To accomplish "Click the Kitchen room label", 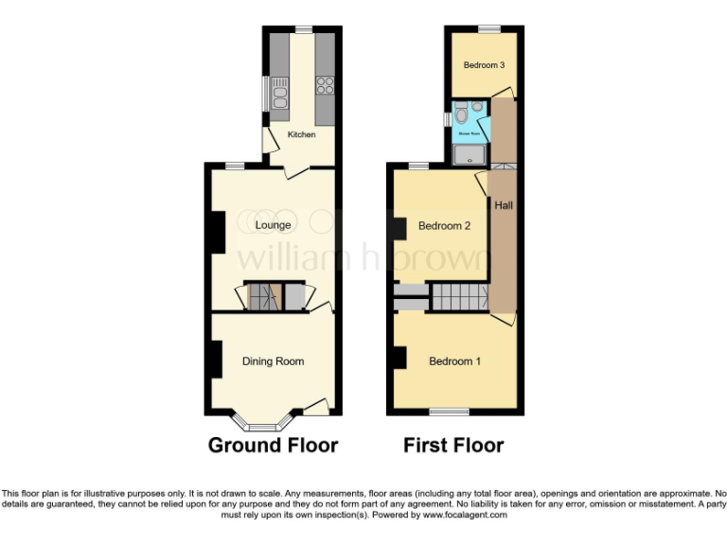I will tap(301, 135).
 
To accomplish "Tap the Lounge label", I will tap(273, 225).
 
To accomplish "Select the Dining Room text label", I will tap(273, 361).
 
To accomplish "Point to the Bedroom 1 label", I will tap(454, 361).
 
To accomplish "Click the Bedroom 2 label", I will tap(444, 226).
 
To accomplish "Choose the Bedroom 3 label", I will tap(483, 65).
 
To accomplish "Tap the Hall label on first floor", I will tap(504, 204).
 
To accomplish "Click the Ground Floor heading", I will tap(273, 445).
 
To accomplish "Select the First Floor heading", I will tap(453, 445).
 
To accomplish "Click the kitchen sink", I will tap(280, 91).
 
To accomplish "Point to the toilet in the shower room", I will tap(460, 116).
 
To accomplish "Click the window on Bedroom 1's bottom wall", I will tap(449, 412).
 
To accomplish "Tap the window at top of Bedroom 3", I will tap(488, 29).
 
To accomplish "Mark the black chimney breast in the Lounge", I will tap(217, 232).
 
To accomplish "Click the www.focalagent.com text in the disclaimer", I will tap(465, 516).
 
